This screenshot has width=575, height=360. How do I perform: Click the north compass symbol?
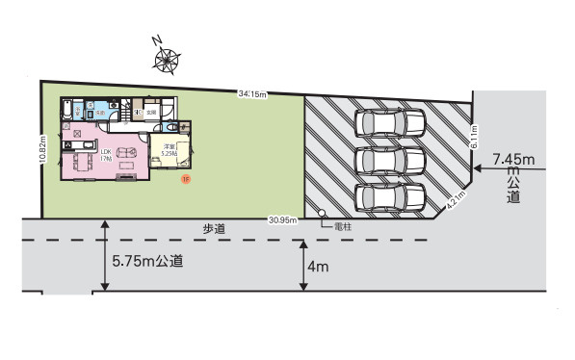click(167, 59)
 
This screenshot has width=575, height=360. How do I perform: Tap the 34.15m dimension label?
click(252, 93)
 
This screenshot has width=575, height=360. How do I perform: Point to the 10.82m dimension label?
click(44, 149)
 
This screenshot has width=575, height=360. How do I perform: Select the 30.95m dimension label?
click(281, 220)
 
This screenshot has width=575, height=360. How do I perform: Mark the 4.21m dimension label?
click(455, 200)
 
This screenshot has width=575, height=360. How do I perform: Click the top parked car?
click(390, 122)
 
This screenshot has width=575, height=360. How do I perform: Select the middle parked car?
click(390, 159)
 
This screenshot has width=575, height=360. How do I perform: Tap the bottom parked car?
click(390, 196)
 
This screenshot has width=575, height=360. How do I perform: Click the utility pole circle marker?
click(323, 215)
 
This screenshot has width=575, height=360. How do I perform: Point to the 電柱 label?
click(341, 227)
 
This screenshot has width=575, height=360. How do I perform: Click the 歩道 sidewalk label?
click(214, 228)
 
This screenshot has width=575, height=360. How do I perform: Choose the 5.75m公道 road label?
click(148, 261)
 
